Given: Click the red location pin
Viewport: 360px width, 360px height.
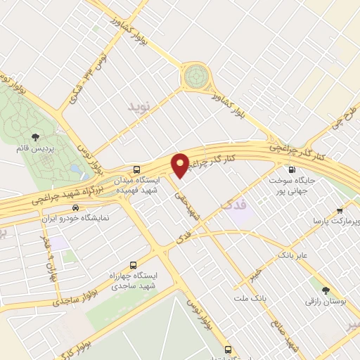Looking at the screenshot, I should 181,165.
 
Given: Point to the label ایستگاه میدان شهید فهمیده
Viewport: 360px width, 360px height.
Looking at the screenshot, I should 138,184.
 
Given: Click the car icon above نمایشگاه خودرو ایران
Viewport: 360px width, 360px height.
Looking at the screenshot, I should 75,208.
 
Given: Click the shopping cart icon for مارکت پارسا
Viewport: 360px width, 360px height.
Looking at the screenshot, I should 340,210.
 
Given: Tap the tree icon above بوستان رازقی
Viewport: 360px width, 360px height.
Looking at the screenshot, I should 325,290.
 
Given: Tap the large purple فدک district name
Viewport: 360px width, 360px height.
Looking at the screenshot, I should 231,205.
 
